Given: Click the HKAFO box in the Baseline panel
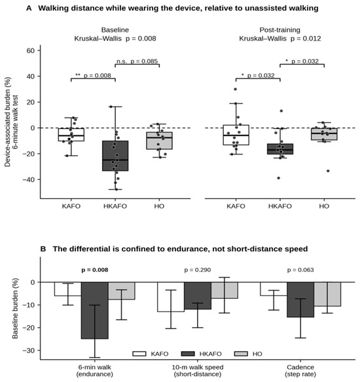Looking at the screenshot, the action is (115, 156).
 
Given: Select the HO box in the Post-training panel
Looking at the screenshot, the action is (324, 134).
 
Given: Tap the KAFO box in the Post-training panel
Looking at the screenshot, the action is (236, 135).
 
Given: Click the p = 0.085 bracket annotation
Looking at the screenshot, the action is (137, 61).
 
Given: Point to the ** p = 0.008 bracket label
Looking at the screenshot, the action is (93, 75).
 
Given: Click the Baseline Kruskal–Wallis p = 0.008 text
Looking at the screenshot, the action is (115, 34).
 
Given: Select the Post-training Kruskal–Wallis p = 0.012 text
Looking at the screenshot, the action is (279, 34).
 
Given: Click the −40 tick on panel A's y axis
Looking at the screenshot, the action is (29, 179).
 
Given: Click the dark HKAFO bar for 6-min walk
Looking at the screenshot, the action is (94, 310).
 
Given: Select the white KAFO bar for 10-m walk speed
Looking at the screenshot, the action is (171, 297).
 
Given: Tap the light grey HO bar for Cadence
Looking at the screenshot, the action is (327, 294).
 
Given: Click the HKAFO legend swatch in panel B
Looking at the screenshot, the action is (188, 354).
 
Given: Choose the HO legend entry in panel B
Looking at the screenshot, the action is (248, 354).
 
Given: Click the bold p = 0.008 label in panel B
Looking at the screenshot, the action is (94, 270).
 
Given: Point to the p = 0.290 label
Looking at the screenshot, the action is (198, 270).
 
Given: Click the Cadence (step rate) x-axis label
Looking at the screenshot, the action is (300, 370).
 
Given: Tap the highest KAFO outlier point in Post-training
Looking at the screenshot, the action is (235, 89).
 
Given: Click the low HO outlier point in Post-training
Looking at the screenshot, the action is (328, 171).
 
